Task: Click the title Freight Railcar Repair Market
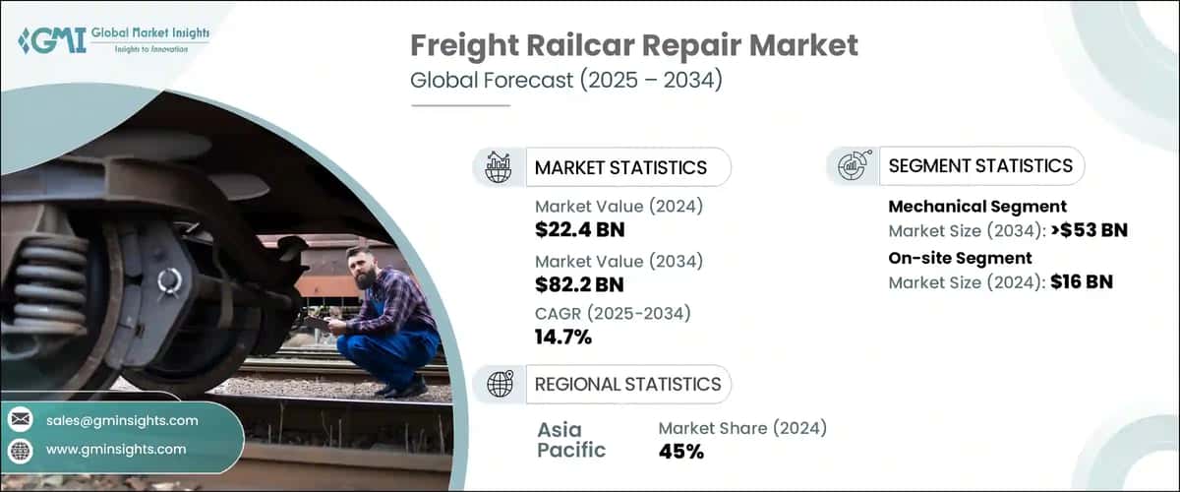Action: click(634, 45)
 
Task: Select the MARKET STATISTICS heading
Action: click(620, 167)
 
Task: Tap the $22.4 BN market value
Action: click(580, 231)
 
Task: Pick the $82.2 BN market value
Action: click(580, 286)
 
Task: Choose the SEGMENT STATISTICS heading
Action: click(980, 166)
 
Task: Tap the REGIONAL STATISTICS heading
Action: click(627, 384)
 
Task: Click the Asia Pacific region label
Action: click(571, 440)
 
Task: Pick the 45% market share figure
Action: click(680, 452)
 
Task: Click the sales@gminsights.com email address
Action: click(122, 420)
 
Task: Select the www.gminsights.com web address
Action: click(116, 449)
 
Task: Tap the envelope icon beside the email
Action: click(20, 420)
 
